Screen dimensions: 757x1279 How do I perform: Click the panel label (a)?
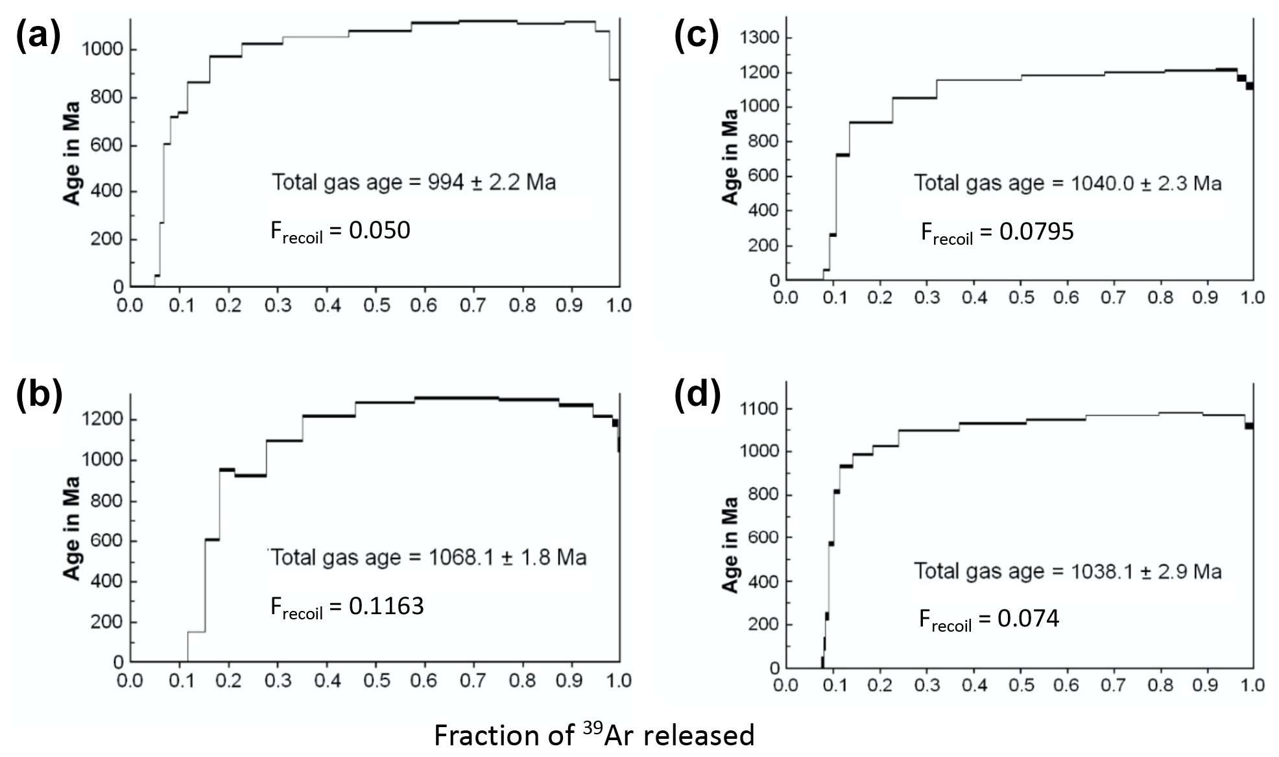point(38,36)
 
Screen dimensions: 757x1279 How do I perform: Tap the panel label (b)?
point(39,394)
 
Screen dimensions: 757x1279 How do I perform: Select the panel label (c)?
point(697,36)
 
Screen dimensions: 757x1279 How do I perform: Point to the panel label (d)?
point(697,394)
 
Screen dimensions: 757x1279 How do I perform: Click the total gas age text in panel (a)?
point(414,182)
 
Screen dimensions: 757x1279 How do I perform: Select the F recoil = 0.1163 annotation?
point(347,607)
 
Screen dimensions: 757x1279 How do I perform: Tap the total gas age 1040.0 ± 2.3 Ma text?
point(1068,183)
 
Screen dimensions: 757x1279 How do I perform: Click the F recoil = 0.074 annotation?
point(989,619)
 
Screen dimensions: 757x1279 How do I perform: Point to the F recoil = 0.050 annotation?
point(341,231)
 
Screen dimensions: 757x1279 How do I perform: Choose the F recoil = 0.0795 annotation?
point(998,232)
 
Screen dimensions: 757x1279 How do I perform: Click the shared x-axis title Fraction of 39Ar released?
point(594,735)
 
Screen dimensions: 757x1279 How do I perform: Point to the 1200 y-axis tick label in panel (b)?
point(102,419)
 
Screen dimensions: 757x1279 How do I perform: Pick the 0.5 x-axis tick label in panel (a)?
point(377,305)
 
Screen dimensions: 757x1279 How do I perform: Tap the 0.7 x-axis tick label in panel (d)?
point(1113,685)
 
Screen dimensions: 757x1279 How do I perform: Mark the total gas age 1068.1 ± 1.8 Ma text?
point(429,557)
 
